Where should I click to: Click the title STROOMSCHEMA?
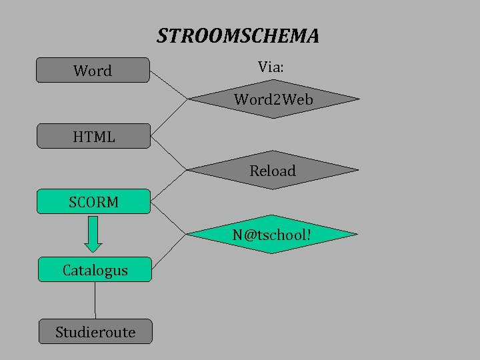(x=238, y=35)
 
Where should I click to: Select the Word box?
(x=93, y=70)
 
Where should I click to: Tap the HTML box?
(x=93, y=137)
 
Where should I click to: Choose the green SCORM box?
(x=93, y=201)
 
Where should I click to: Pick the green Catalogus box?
(x=95, y=270)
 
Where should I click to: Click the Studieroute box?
(x=95, y=331)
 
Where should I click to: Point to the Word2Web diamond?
(x=273, y=100)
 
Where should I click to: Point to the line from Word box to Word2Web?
(x=169, y=85)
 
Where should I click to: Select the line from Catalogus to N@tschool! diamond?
(x=169, y=252)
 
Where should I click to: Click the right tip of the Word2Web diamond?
(x=358, y=100)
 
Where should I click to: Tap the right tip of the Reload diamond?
(x=357, y=171)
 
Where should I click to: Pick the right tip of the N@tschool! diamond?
(x=357, y=235)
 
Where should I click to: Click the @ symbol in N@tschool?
(x=251, y=235)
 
